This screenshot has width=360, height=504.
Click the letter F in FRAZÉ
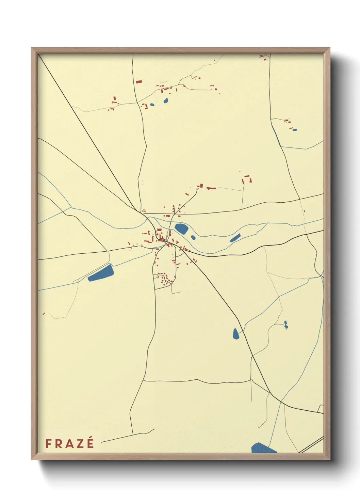pos(49,443)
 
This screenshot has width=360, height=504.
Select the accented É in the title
pos(90,443)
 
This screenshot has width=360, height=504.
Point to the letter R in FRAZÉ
pos(58,443)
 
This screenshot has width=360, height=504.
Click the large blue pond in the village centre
pos(181,228)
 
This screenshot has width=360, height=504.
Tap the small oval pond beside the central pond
pos(193,237)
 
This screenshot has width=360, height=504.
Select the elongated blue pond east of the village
pos(235,238)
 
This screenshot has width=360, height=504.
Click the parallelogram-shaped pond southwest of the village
pos(101,273)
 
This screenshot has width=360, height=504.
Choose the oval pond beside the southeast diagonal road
pos(236,333)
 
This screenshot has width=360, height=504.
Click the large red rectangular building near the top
pos(139,82)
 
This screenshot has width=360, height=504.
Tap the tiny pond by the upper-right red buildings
pos(295,130)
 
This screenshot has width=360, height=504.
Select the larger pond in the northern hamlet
pos(166,100)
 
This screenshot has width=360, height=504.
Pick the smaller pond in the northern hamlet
pos(152,105)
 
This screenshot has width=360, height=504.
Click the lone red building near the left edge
pos(44,313)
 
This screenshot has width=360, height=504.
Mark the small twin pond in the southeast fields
pos(286,325)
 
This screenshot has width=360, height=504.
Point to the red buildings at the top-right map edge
pos(263,58)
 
